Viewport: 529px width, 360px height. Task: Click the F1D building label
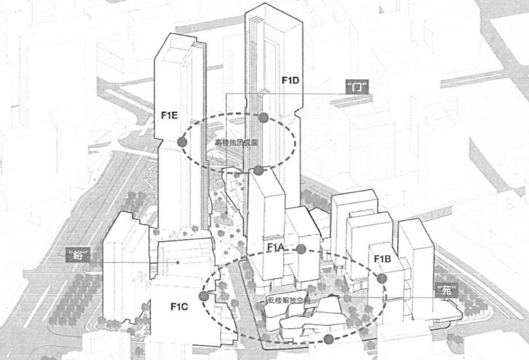coord(290,80)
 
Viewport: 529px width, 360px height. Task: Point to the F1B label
coord(383,258)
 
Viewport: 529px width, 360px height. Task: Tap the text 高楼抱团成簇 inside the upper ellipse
coord(237,142)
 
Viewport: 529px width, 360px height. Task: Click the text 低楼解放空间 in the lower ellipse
coord(289,302)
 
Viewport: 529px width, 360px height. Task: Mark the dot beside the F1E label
coord(182,141)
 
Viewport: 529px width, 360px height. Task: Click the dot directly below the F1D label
coord(264,117)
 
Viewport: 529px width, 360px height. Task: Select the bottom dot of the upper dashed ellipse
coord(258,170)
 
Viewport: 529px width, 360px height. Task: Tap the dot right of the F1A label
coord(300,249)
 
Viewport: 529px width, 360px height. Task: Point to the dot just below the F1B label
coord(382,278)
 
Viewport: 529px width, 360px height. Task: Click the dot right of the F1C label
coord(204,296)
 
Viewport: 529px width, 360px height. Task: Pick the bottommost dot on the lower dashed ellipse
coord(328,340)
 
